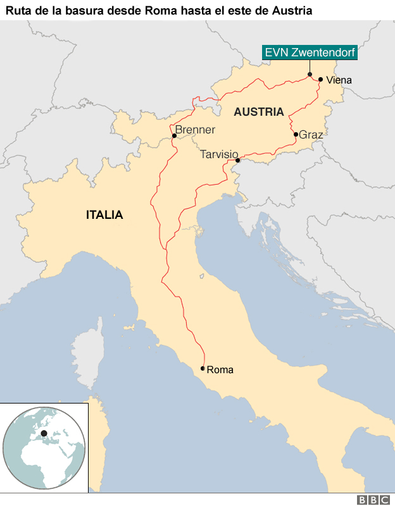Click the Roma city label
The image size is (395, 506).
[220, 369]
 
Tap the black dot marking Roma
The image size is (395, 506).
[203, 368]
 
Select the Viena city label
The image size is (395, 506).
[339, 80]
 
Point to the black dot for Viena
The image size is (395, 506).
[321, 80]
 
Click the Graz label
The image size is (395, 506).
[311, 135]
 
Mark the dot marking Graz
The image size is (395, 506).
[296, 134]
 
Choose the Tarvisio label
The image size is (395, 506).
[219, 154]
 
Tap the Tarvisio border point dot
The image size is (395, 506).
[237, 161]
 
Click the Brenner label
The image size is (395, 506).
[195, 130]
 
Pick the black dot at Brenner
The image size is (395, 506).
[173, 135]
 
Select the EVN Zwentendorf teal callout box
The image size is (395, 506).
[310, 53]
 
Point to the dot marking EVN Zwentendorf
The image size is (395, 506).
[310, 75]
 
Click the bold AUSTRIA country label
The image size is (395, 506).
[258, 112]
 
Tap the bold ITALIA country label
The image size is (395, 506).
[104, 215]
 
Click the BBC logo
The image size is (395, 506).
[373, 500]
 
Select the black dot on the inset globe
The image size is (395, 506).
[44, 433]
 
